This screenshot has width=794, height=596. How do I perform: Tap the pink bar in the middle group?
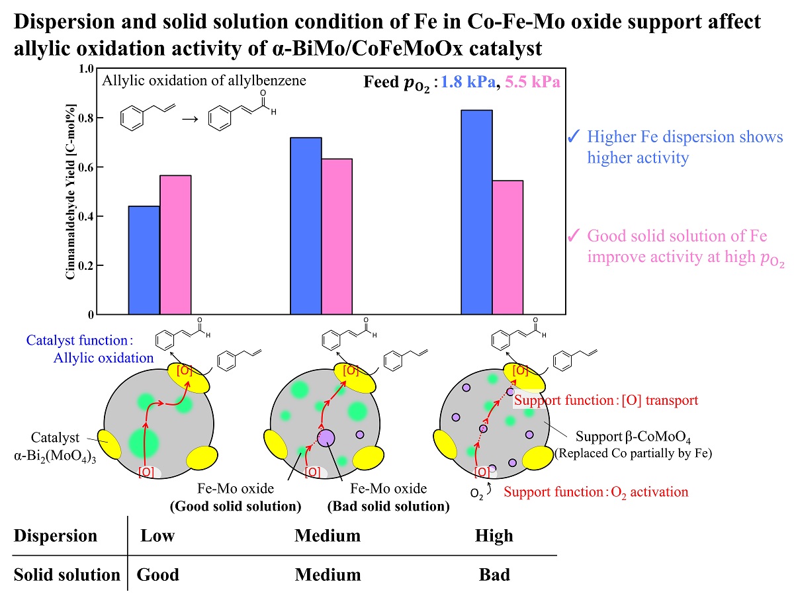[337, 236]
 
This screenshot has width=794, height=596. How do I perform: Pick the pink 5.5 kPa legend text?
[533, 83]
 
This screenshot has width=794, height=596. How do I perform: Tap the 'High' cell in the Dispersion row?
[494, 535]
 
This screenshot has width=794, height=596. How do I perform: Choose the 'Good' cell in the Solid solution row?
[158, 574]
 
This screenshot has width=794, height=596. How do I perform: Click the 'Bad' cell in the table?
[494, 574]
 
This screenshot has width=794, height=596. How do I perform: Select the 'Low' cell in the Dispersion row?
[157, 535]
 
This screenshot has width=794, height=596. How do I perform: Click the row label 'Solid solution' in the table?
[66, 574]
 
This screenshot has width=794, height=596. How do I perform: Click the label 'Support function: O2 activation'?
[595, 491]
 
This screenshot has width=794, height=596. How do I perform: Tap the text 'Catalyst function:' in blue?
[80, 341]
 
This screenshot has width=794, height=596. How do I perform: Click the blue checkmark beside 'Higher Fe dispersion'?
[574, 138]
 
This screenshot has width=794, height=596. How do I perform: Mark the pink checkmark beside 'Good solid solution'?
[574, 236]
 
